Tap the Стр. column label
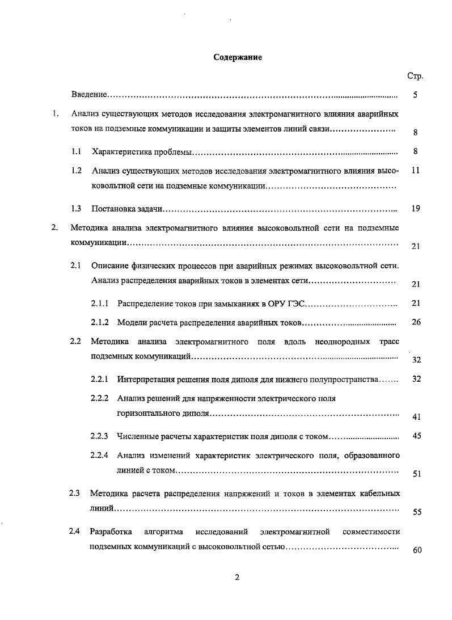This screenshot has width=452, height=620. point(415,76)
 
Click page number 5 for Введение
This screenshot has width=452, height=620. point(416,95)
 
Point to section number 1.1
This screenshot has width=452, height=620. point(77,151)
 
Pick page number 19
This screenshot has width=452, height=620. point(416,209)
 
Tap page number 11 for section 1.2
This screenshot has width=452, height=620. point(416,170)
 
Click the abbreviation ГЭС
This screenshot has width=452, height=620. point(297,303)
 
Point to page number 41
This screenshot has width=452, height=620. point(416,417)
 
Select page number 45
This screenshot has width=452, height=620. point(416,436)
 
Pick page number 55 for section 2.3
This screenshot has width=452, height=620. point(417,512)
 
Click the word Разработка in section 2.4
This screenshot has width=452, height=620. point(111,532)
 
